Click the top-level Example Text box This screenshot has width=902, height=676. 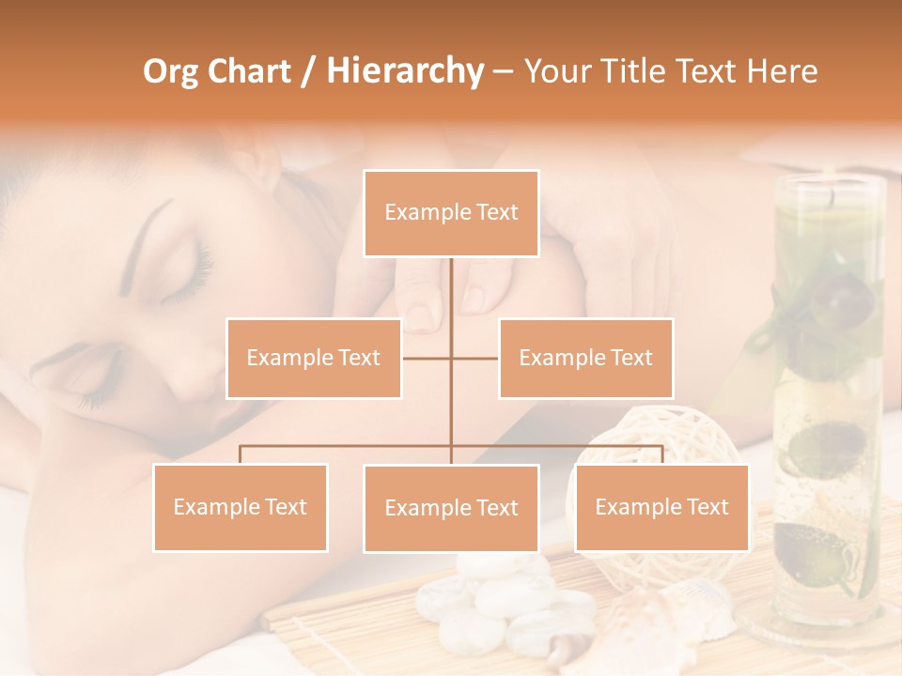click(451, 213)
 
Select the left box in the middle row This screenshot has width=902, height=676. click(314, 358)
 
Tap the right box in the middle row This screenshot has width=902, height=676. click(585, 358)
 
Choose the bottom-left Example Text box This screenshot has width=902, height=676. click(241, 507)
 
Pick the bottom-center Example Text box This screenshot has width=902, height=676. click(451, 508)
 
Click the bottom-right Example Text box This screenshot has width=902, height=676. click(661, 507)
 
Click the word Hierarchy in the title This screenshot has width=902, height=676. click(404, 71)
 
